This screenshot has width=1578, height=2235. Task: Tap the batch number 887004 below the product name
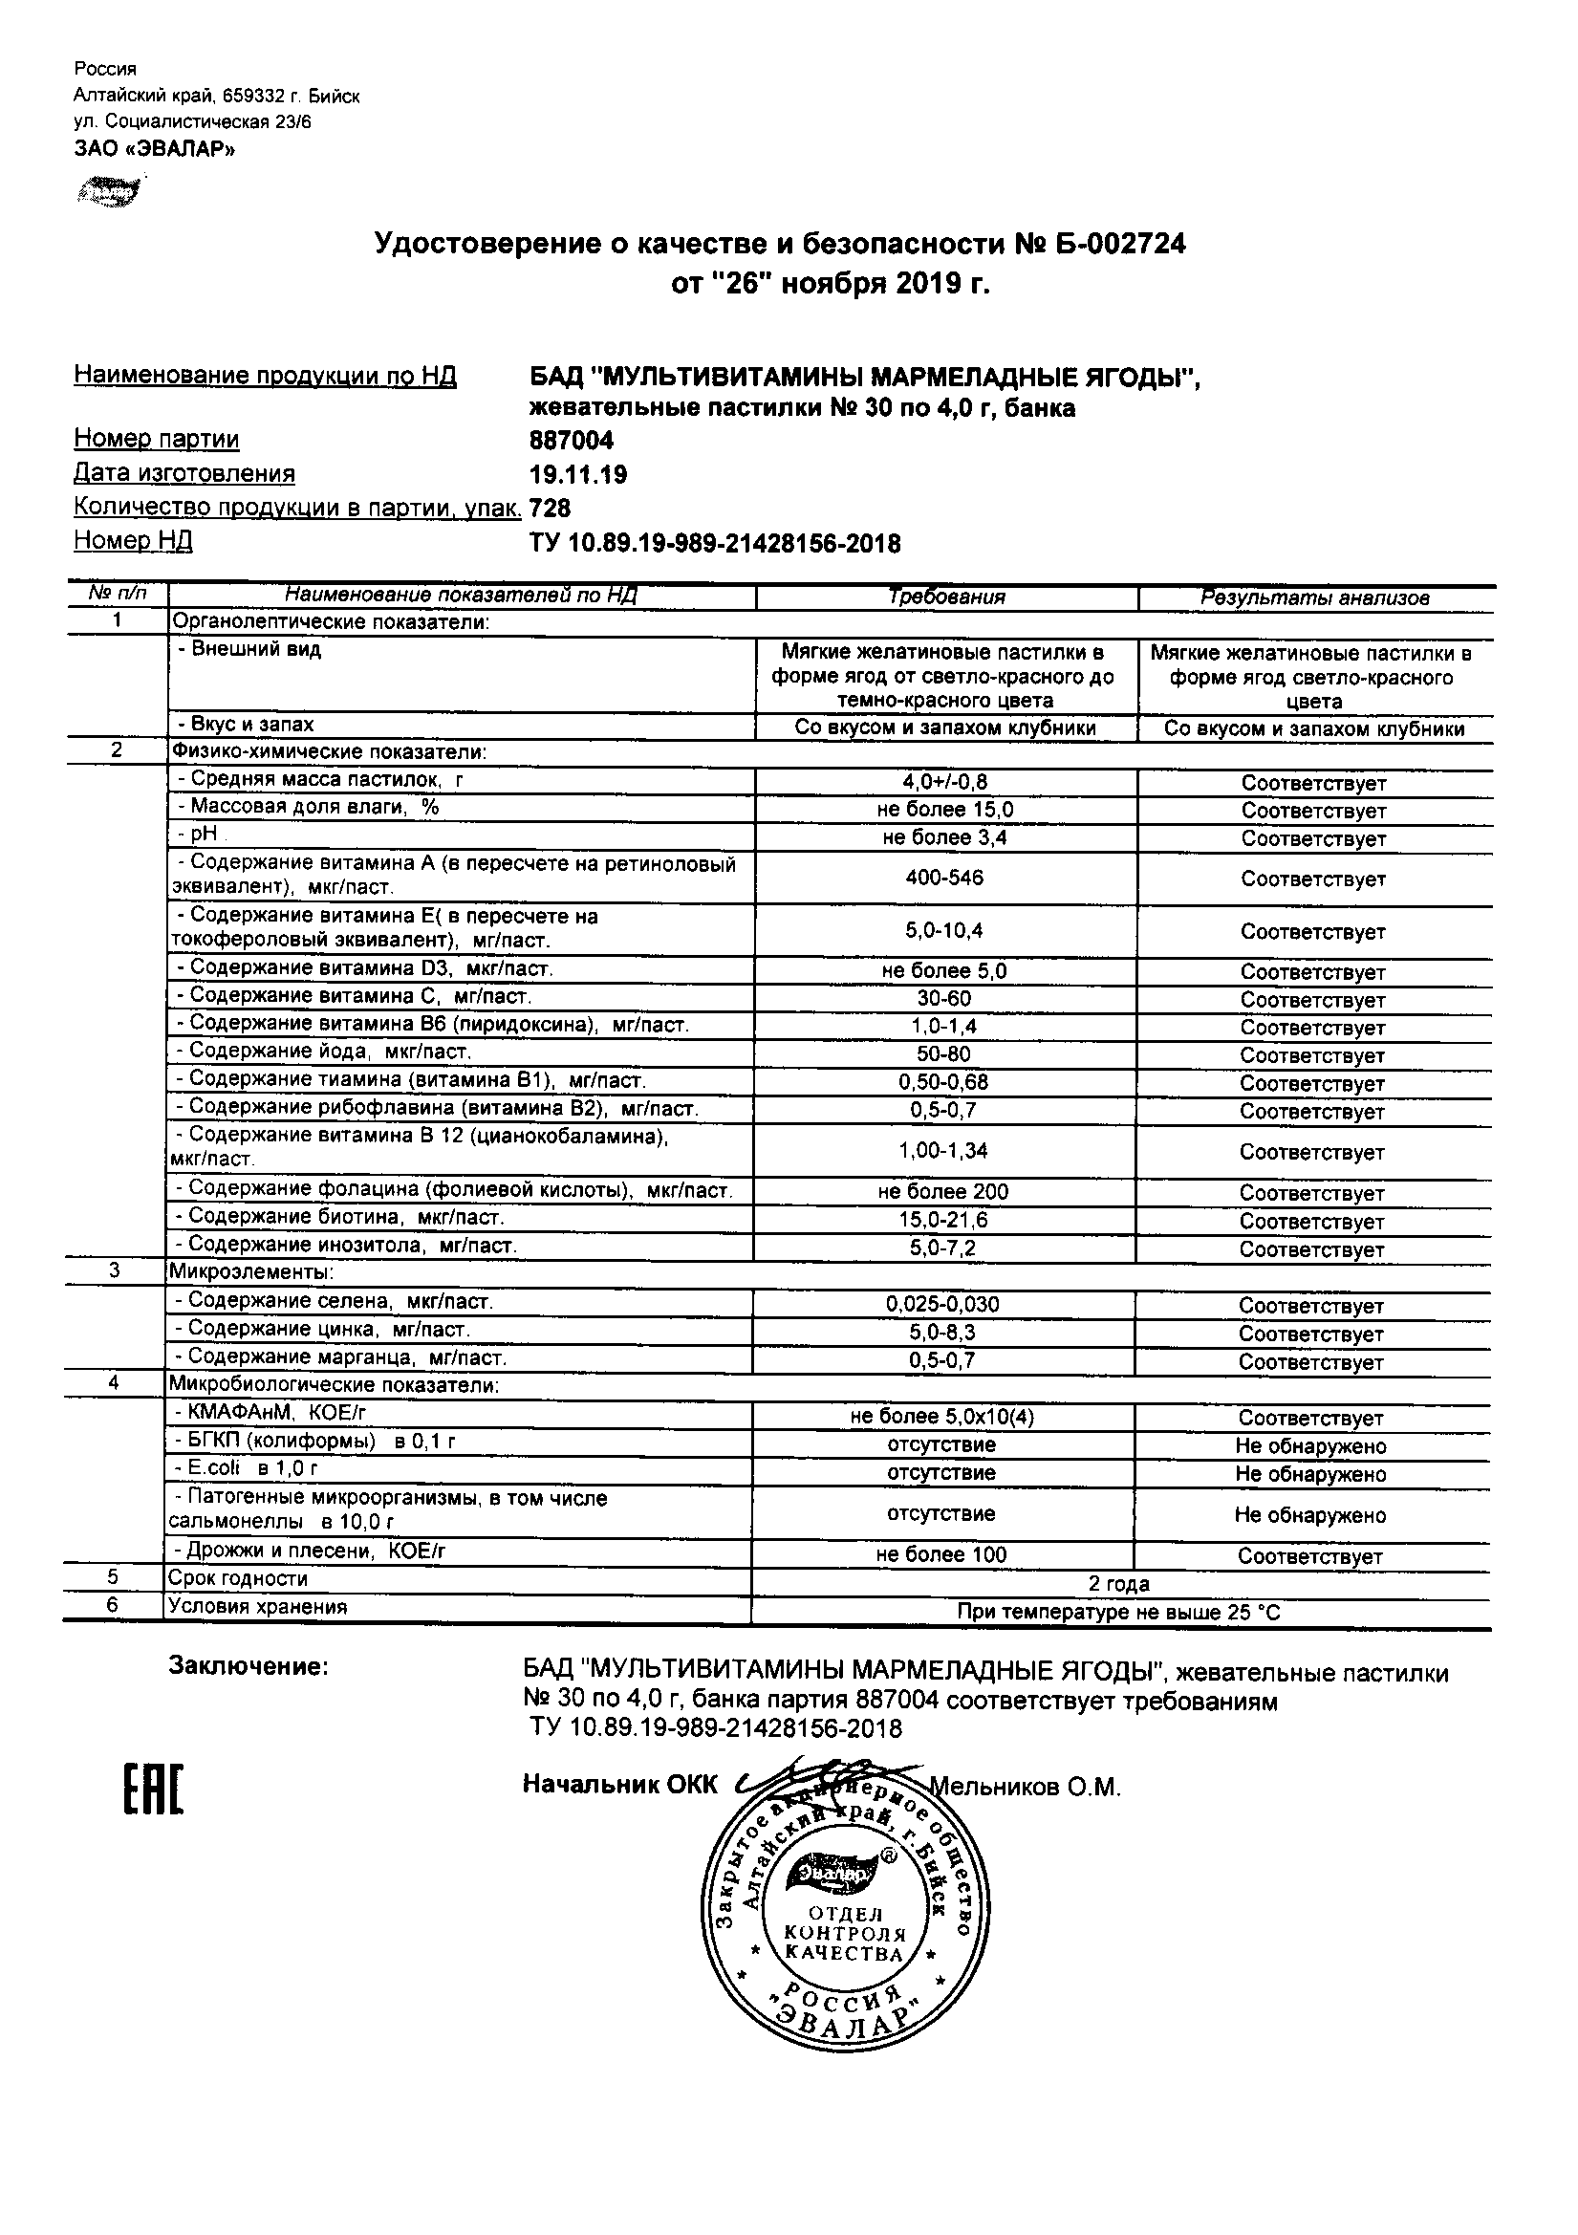click(x=572, y=441)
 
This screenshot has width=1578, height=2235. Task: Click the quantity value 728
click(x=550, y=509)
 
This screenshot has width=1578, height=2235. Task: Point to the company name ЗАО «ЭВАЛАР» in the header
click(x=155, y=149)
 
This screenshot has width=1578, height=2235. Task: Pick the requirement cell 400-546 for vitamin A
click(x=944, y=878)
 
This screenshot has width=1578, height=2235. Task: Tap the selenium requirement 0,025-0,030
click(x=942, y=1305)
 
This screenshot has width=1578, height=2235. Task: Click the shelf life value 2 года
click(x=1118, y=1584)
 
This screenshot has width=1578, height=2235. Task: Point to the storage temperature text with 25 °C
click(x=1118, y=1613)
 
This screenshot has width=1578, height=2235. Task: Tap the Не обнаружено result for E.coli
click(x=1310, y=1474)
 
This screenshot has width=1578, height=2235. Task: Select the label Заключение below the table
click(x=249, y=1666)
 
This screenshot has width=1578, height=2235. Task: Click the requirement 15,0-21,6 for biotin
click(x=942, y=1220)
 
